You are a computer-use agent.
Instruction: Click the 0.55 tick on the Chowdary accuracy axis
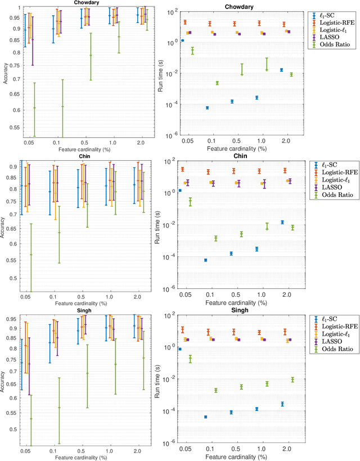click(12, 128)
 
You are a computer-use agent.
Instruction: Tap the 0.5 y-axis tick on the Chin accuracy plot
click(13, 278)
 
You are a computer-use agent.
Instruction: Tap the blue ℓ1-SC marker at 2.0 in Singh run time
click(282, 404)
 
